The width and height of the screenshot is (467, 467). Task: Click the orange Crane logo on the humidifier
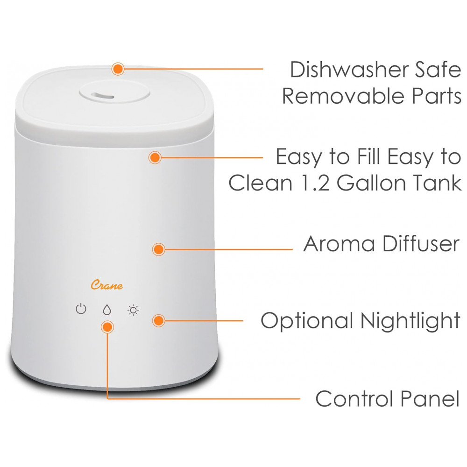[106, 285]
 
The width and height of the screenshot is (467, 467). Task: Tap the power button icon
[81, 309]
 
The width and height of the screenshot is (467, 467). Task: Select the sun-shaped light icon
[133, 311]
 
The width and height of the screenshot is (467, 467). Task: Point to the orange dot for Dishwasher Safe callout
[118, 69]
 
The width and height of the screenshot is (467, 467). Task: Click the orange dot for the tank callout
[155, 157]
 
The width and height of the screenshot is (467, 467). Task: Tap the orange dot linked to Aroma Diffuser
[158, 249]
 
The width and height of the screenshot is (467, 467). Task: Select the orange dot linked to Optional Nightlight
[158, 321]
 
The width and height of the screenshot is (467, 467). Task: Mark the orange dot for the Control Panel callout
[107, 327]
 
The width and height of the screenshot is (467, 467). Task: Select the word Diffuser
[421, 243]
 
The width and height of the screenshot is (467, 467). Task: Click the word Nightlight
[410, 321]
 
